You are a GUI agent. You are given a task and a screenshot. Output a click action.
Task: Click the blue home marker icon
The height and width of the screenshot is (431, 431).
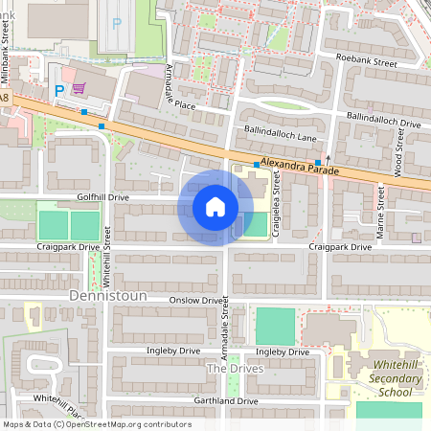coord(215,207)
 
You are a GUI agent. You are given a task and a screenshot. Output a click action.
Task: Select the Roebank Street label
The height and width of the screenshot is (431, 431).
coord(366,60)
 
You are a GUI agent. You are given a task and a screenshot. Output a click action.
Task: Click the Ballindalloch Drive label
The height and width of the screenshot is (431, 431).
coord(384,124)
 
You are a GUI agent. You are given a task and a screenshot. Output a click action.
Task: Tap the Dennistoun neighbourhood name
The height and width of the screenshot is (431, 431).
coord(108,297)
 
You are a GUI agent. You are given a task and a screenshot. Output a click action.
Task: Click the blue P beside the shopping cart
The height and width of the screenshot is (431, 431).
coord(58,90)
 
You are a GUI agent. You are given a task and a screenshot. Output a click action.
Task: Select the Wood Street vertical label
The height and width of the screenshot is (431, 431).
coord(399,152)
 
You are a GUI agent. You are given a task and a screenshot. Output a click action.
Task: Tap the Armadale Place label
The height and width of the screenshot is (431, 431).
coord(180,85)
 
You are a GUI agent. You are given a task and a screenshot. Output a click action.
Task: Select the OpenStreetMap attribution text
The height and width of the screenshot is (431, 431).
coord(96,424)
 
